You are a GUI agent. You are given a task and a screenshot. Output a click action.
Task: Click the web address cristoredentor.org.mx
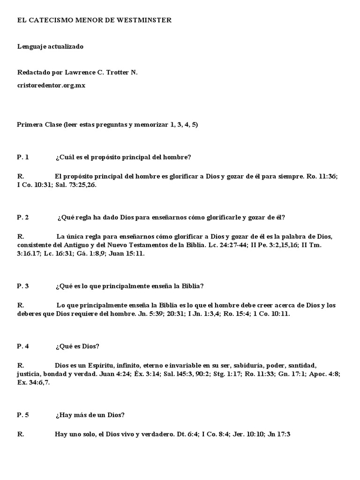51,86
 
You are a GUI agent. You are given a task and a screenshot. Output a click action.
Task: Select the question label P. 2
23,217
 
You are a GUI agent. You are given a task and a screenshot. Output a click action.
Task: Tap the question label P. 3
23,286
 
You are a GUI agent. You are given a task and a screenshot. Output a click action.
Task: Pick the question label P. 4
23,346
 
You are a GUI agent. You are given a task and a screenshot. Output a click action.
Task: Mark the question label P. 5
23,415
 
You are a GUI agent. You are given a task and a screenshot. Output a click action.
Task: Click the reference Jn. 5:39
152,314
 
